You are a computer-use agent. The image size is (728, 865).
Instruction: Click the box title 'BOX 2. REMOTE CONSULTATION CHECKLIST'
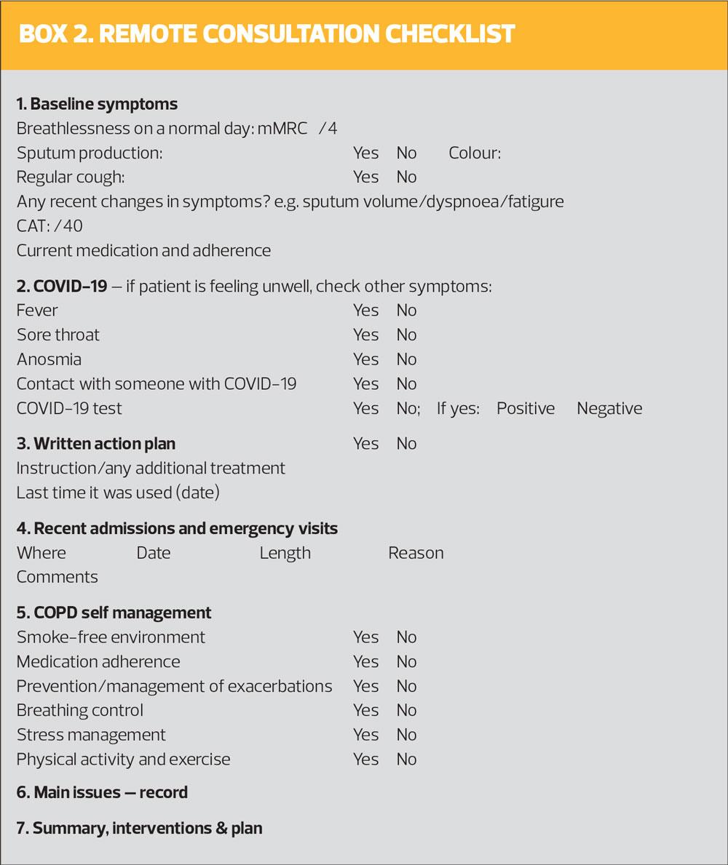[x=266, y=34]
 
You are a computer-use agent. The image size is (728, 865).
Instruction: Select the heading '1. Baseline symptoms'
[x=97, y=104]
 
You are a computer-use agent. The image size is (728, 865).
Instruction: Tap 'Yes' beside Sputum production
[x=365, y=153]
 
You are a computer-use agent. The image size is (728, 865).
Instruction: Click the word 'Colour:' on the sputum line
[x=475, y=153]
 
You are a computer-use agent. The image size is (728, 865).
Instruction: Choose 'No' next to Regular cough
[x=406, y=177]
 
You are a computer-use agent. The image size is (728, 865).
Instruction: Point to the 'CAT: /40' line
[x=50, y=226]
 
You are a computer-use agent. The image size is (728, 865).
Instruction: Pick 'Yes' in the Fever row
[x=365, y=311]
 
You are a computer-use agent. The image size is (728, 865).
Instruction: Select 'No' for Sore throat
[x=406, y=335]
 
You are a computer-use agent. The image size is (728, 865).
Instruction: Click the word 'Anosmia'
[x=49, y=359]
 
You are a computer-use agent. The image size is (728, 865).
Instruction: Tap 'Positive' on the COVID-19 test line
[x=526, y=408]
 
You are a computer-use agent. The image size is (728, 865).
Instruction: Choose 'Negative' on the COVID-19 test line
[x=609, y=408]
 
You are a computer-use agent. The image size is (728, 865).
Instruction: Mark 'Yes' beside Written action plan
[x=365, y=444]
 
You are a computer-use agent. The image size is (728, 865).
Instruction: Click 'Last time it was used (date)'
[x=118, y=493]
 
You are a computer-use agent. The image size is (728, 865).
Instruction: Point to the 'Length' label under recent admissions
[x=285, y=553]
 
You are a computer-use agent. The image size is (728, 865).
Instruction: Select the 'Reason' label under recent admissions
[x=416, y=553]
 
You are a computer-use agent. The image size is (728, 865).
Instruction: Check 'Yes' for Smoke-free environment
[x=365, y=637]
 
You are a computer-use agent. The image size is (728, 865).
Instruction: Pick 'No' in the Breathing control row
[x=406, y=710]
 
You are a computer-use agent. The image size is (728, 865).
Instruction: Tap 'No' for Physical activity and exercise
[x=406, y=760]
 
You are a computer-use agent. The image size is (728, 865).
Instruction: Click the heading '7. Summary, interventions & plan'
[x=139, y=828]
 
